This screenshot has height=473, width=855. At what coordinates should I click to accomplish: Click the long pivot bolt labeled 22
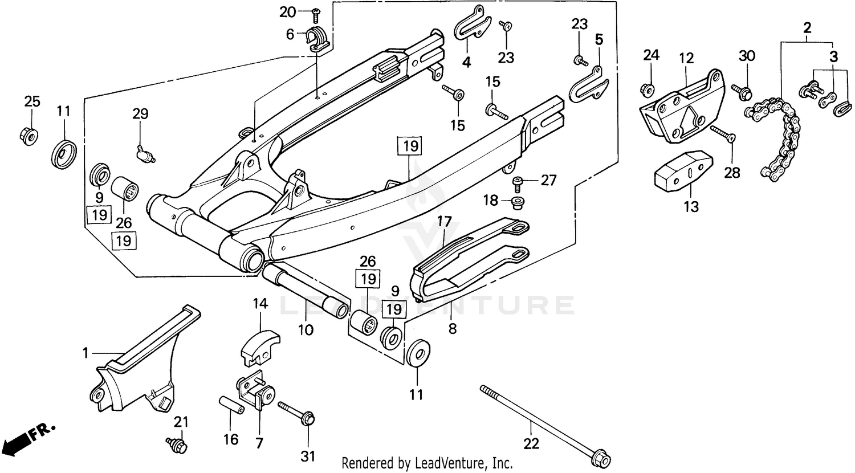[x=541, y=422]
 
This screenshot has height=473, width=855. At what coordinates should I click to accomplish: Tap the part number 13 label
[x=691, y=206]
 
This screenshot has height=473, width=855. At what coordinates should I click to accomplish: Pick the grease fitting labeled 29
[x=145, y=152]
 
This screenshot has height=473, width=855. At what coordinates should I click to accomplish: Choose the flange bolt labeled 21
[x=177, y=445]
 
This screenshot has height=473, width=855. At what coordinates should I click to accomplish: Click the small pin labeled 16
[x=231, y=404]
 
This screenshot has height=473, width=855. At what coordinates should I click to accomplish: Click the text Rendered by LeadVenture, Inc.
[x=427, y=463]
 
